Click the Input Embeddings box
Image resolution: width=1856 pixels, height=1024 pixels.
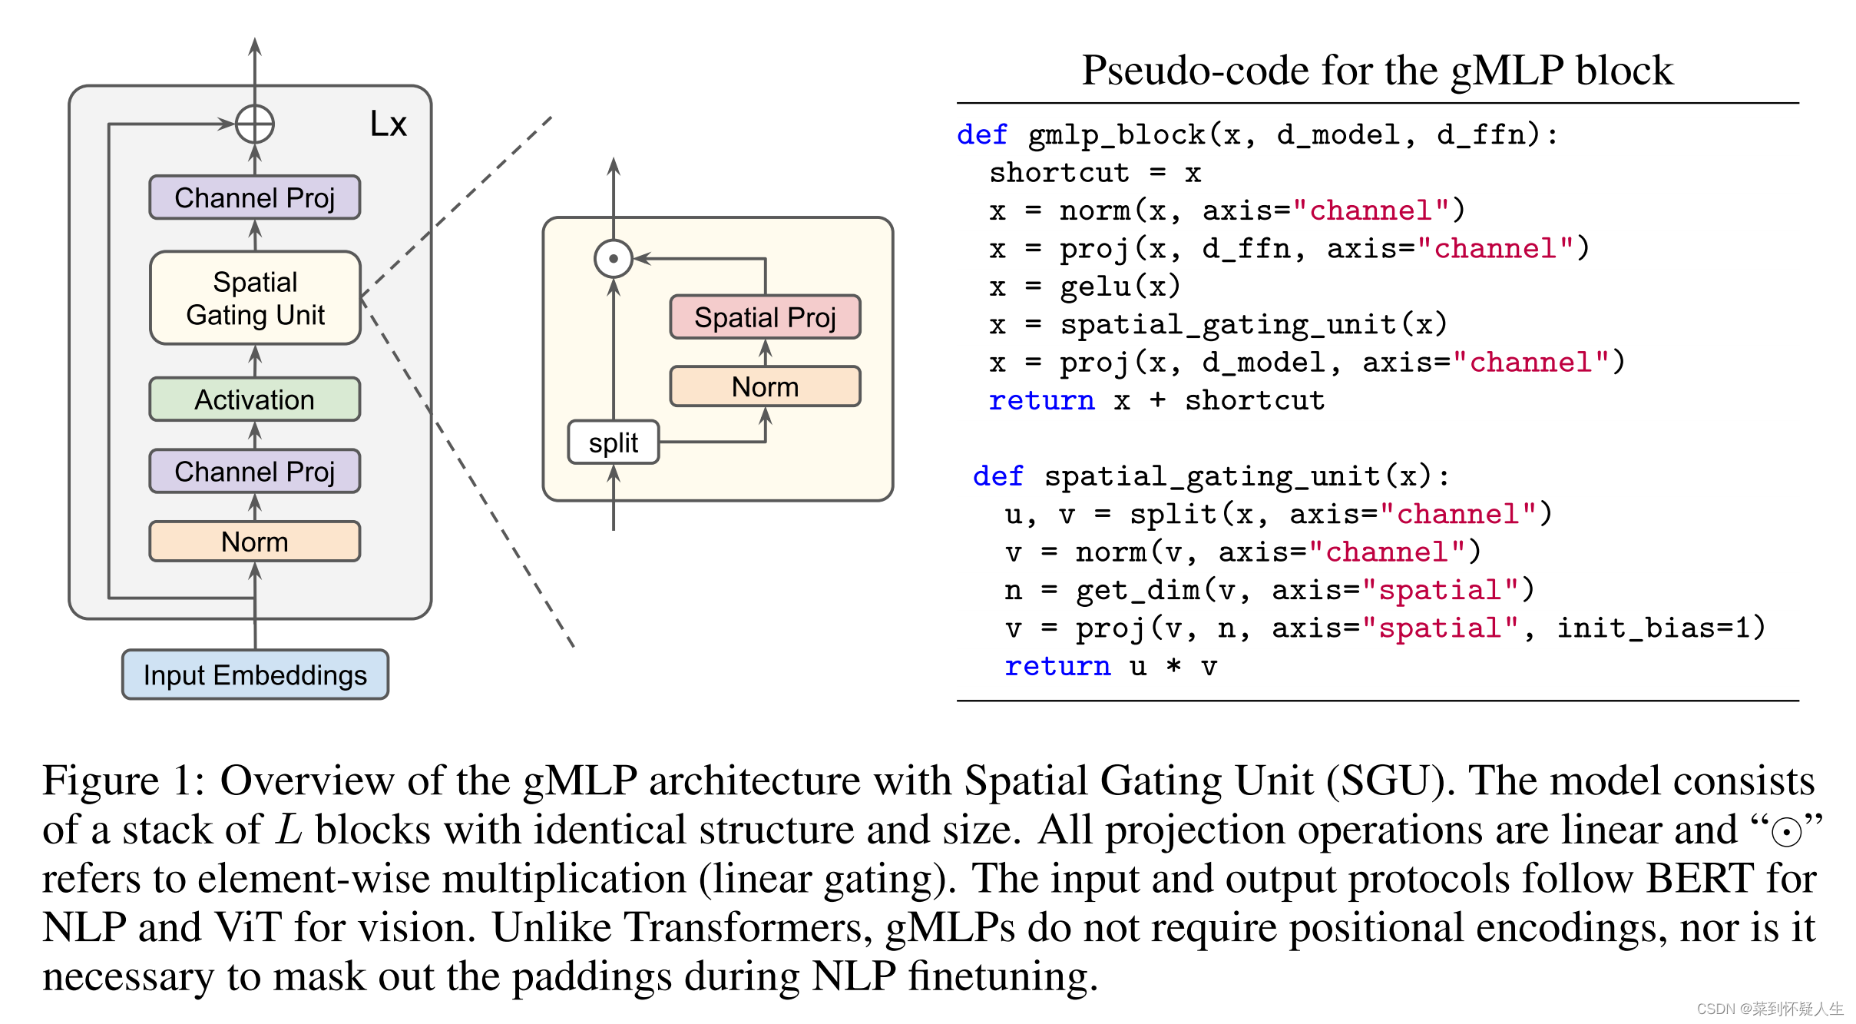[x=255, y=674]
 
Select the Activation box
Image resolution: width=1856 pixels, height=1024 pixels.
[x=255, y=399]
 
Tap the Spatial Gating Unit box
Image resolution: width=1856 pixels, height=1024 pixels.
[x=255, y=298]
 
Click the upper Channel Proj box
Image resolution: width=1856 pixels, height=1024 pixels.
[x=255, y=197]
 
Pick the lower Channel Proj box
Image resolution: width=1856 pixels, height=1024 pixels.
[x=255, y=471]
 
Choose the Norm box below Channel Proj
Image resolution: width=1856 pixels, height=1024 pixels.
[x=255, y=542]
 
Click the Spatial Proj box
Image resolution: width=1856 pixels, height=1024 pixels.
[x=765, y=316]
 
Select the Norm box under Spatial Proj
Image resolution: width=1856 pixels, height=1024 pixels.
[x=765, y=386]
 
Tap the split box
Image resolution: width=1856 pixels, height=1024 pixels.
[x=614, y=442]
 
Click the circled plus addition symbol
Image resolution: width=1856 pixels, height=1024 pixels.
[x=255, y=124]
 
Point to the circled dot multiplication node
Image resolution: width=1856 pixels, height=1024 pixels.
[x=614, y=259]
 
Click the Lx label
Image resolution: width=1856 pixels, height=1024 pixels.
[x=389, y=124]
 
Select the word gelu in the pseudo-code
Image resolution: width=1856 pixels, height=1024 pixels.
[x=1095, y=287]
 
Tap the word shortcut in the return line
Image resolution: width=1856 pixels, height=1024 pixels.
[x=1255, y=400]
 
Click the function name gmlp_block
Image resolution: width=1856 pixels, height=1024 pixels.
[x=1117, y=136]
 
